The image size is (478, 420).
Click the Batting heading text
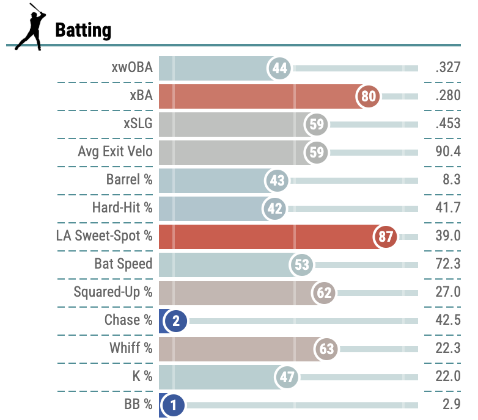tap(83, 29)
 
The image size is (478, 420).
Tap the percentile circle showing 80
tap(369, 96)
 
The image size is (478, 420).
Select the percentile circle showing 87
tap(385, 236)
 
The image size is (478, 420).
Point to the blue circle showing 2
tap(175, 320)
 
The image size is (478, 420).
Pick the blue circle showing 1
tap(174, 405)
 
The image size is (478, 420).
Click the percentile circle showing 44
tap(280, 68)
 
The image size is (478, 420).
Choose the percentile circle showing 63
tap(327, 349)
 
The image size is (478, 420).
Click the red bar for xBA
tap(257, 96)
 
